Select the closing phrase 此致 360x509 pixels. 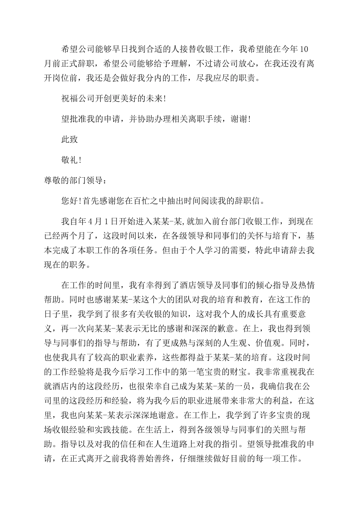point(70,139)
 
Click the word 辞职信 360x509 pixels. point(249,201)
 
